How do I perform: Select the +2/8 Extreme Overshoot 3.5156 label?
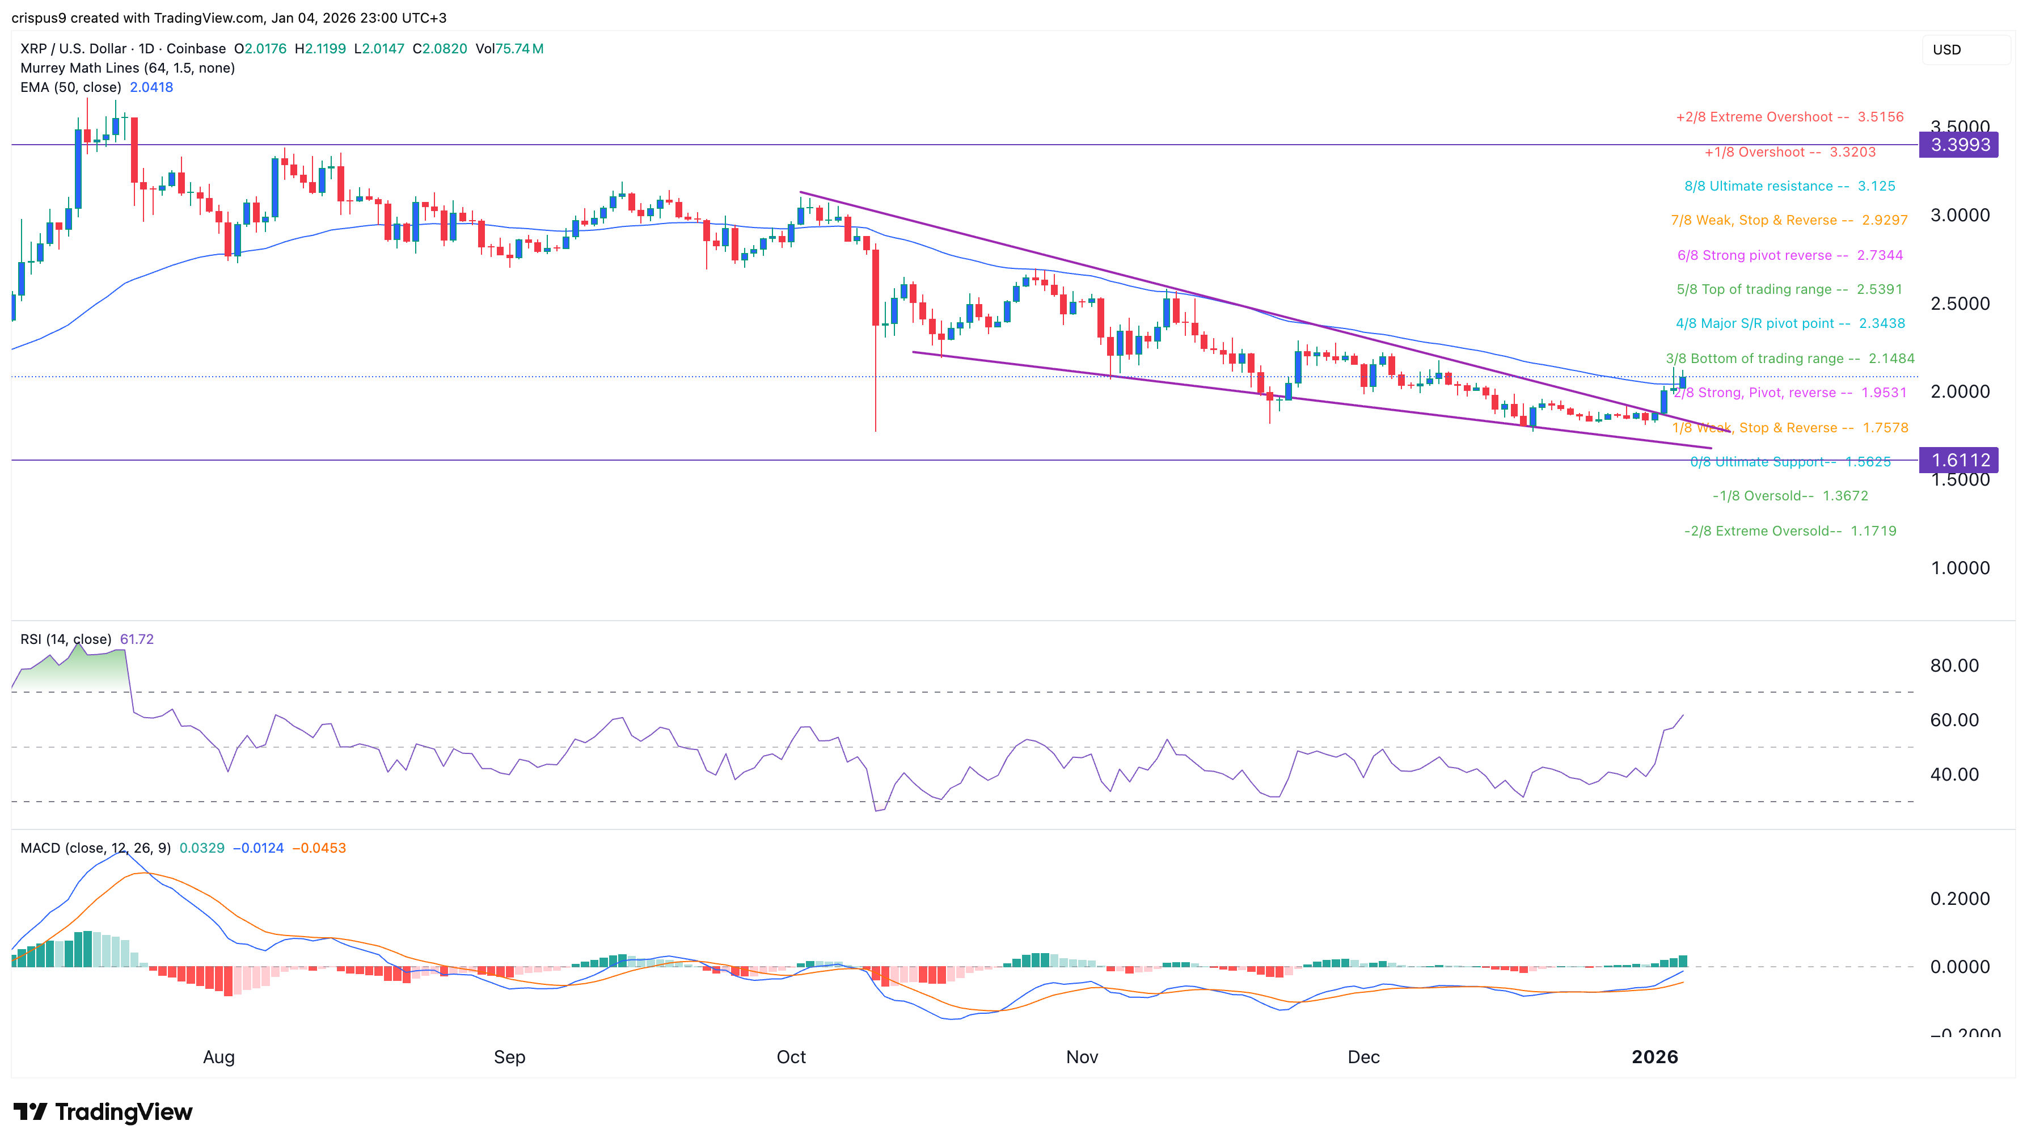1789,116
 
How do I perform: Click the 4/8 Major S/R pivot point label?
1789,323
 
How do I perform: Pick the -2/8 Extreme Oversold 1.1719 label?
1789,530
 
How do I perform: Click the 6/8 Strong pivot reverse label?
1789,255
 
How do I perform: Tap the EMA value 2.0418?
151,87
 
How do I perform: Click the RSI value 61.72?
137,639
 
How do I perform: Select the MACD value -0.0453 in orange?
319,848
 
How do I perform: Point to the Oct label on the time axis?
791,1056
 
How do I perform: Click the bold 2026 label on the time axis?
1655,1056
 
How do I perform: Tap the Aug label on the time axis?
219,1056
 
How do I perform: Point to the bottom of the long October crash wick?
876,430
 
